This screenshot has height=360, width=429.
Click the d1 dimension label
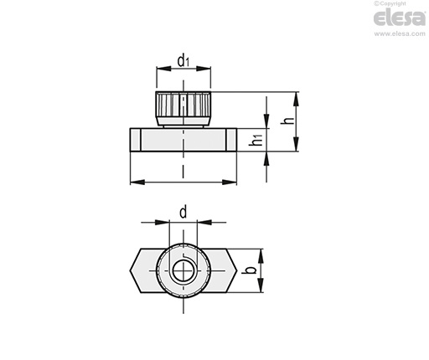click(183, 61)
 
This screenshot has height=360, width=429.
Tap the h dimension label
click(288, 121)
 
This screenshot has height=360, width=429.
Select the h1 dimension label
click(256, 140)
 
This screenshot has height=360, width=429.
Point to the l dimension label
click(183, 172)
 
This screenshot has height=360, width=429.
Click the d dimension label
click(183, 212)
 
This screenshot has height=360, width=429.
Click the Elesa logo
click(399, 18)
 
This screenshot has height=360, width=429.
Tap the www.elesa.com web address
click(400, 33)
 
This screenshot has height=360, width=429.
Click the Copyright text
click(390, 3)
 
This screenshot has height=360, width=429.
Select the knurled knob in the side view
click(183, 109)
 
